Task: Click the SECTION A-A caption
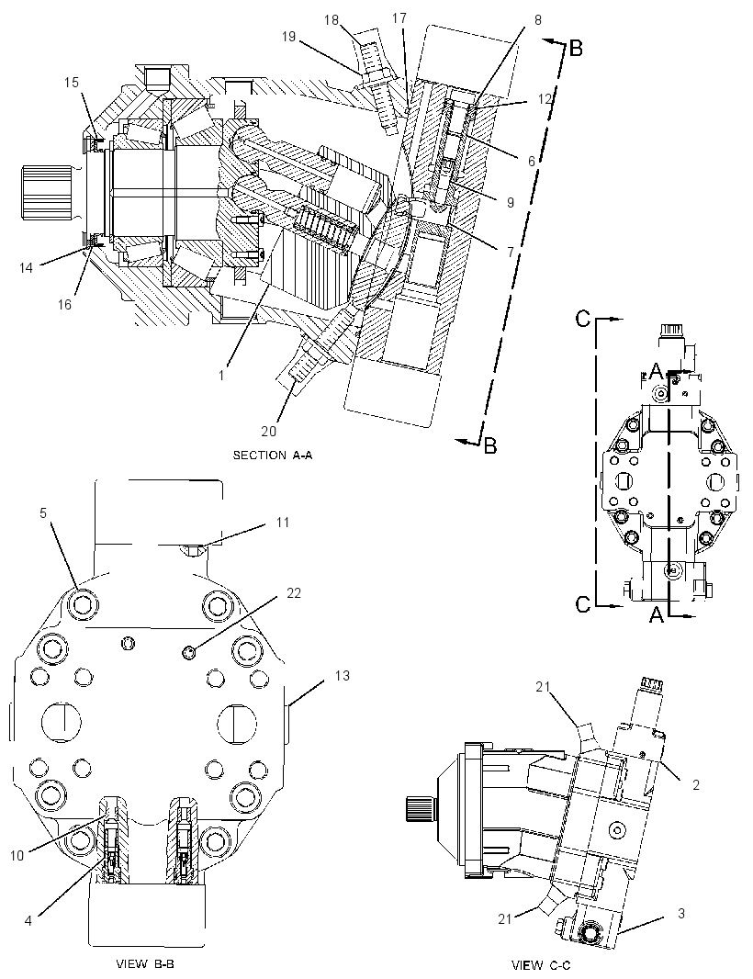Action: (x=272, y=456)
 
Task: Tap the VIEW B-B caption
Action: (x=150, y=963)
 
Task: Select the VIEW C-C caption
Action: (x=541, y=965)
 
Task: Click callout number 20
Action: (x=268, y=431)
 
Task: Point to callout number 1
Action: (x=221, y=376)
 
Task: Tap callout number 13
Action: (x=343, y=676)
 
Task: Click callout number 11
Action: (x=283, y=522)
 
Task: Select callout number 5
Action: (x=43, y=512)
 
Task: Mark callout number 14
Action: (x=26, y=267)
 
